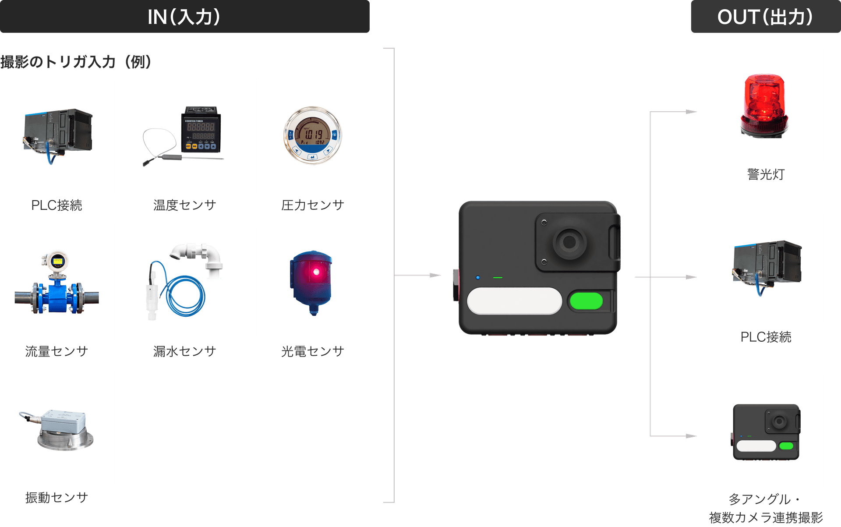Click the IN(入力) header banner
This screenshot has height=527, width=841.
pos(184,17)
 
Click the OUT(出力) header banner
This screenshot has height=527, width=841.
pos(765,17)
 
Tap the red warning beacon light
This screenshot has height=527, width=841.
pos(765,105)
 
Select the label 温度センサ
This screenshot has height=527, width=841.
pos(184,205)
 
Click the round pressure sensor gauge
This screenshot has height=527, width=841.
pos(312,135)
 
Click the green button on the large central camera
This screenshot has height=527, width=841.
pos(586,301)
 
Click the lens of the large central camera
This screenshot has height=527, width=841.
pos(569,242)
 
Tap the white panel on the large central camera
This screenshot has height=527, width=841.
pos(514,301)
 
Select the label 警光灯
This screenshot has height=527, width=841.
pos(766,174)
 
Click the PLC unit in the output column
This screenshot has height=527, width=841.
pos(767,263)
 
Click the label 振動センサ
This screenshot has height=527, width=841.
pos(57,498)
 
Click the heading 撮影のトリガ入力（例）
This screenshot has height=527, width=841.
pos(76,62)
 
